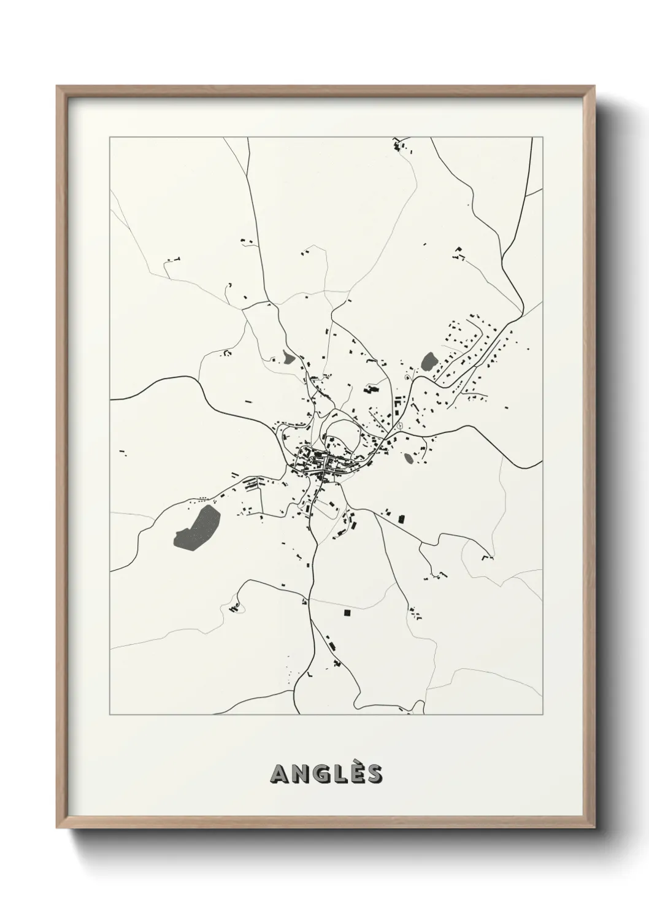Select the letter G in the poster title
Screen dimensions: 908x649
point(317,774)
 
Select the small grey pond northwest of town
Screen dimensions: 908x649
point(286,357)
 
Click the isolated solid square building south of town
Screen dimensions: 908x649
point(347,612)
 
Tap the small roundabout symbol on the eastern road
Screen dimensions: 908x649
point(399,425)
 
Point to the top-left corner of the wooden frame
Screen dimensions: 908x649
point(58,88)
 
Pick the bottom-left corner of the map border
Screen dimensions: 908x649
point(110,715)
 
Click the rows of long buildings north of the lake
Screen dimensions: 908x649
point(252,485)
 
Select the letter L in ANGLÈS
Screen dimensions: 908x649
point(336,774)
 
